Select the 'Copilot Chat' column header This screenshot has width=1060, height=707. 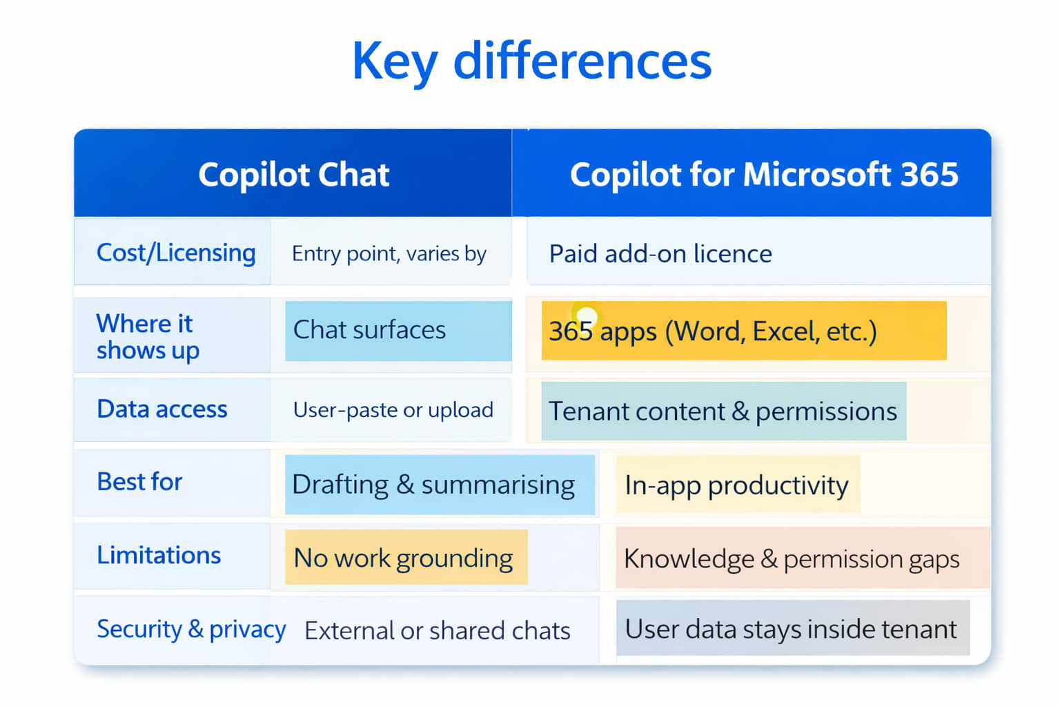click(x=293, y=174)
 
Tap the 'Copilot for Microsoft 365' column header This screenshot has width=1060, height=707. click(x=764, y=174)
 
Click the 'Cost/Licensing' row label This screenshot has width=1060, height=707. click(x=176, y=253)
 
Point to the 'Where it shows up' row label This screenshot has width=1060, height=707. click(x=148, y=337)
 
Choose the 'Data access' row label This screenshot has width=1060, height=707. click(x=162, y=409)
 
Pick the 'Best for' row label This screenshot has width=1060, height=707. click(x=139, y=482)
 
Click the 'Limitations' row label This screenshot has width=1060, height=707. click(x=159, y=555)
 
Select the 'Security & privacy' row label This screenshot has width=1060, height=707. click(x=191, y=630)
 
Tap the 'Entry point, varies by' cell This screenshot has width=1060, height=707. click(x=389, y=254)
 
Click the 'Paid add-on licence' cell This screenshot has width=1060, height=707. click(x=660, y=253)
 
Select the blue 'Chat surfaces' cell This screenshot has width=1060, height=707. click(x=398, y=331)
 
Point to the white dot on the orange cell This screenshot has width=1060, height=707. click(x=587, y=315)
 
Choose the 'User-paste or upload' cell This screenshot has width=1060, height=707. click(x=393, y=410)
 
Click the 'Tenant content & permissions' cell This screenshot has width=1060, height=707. click(x=723, y=411)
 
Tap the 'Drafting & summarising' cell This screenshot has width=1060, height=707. click(x=440, y=485)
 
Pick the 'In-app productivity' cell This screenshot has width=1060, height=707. click(x=738, y=485)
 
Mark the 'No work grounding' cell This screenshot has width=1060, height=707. click(x=406, y=557)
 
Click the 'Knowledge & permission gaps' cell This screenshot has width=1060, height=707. click(x=803, y=559)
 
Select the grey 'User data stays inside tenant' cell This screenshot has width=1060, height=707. click(x=793, y=628)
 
